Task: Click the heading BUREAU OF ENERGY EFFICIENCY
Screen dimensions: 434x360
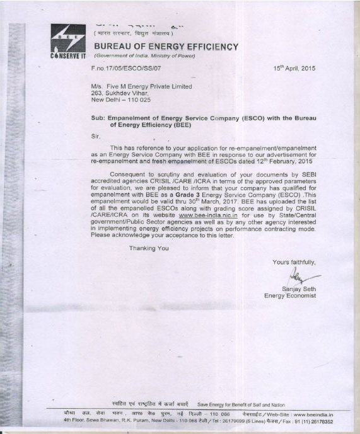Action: point(166,47)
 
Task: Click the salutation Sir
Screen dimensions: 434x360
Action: point(95,135)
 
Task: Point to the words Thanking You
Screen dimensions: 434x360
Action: point(149,248)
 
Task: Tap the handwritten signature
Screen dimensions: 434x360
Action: point(301,277)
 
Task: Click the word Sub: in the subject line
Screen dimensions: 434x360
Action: point(98,118)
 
